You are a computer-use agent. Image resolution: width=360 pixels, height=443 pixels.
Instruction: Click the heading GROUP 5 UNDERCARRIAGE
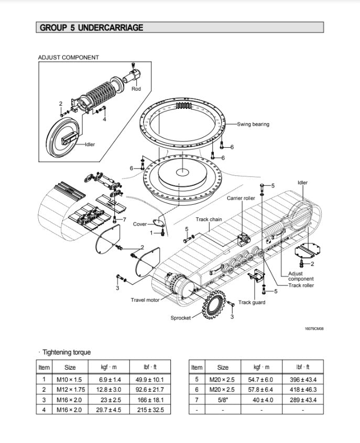point(91,28)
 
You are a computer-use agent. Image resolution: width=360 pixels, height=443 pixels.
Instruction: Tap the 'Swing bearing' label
point(253,124)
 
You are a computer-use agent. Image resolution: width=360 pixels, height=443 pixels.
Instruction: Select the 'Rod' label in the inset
point(136,89)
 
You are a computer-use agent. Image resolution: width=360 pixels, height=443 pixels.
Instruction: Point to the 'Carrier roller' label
point(241,198)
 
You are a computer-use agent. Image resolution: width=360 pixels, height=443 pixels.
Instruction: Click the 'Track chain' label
point(209,219)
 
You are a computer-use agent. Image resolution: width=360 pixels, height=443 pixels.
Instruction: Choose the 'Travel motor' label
point(145,300)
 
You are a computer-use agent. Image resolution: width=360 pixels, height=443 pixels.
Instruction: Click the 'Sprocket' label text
point(180,318)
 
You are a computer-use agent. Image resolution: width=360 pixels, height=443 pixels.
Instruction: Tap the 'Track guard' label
point(252,302)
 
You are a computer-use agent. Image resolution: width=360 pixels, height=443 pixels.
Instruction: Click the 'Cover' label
point(140,224)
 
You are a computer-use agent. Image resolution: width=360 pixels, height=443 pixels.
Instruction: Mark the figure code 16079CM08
point(314,329)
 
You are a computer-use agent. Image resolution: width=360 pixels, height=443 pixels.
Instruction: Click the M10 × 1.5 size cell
point(70,379)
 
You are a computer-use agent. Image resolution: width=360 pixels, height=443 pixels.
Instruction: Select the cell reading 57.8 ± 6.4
point(260,390)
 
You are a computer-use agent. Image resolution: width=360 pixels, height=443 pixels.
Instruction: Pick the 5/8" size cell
point(223,400)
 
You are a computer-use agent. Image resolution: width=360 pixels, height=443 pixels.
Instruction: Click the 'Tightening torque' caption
point(66,352)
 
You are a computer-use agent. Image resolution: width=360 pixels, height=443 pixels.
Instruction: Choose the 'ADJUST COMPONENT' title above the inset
point(69,58)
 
